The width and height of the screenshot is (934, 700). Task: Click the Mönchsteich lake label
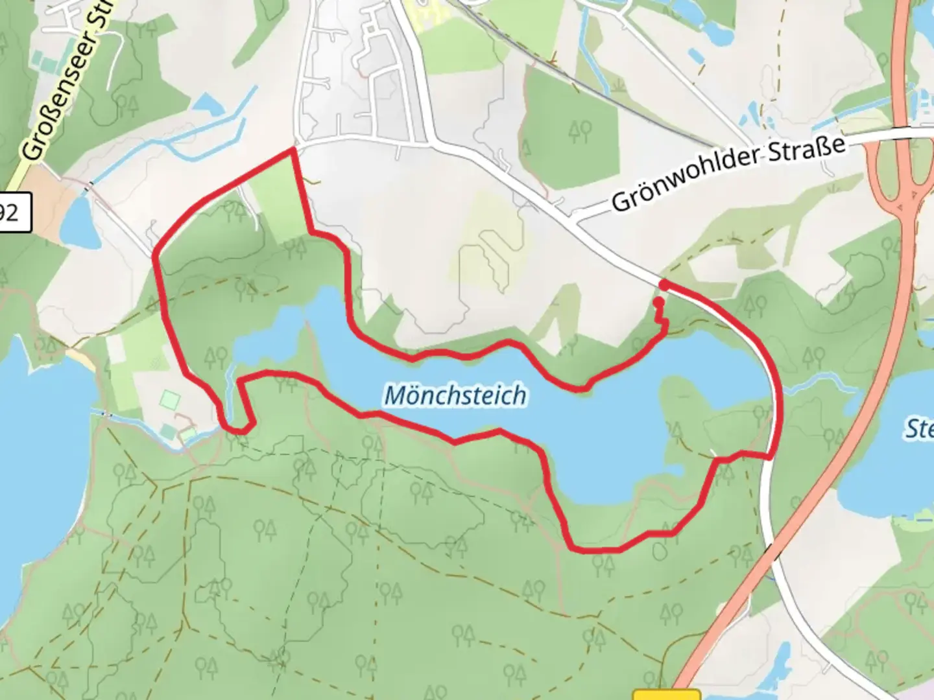(455, 395)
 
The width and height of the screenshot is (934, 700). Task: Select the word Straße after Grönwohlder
(808, 151)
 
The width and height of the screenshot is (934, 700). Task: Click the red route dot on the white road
(664, 285)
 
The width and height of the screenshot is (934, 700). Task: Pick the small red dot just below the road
(658, 302)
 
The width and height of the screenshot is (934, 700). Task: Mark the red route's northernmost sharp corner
(293, 150)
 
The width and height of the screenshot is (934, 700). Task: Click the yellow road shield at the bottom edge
(667, 695)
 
